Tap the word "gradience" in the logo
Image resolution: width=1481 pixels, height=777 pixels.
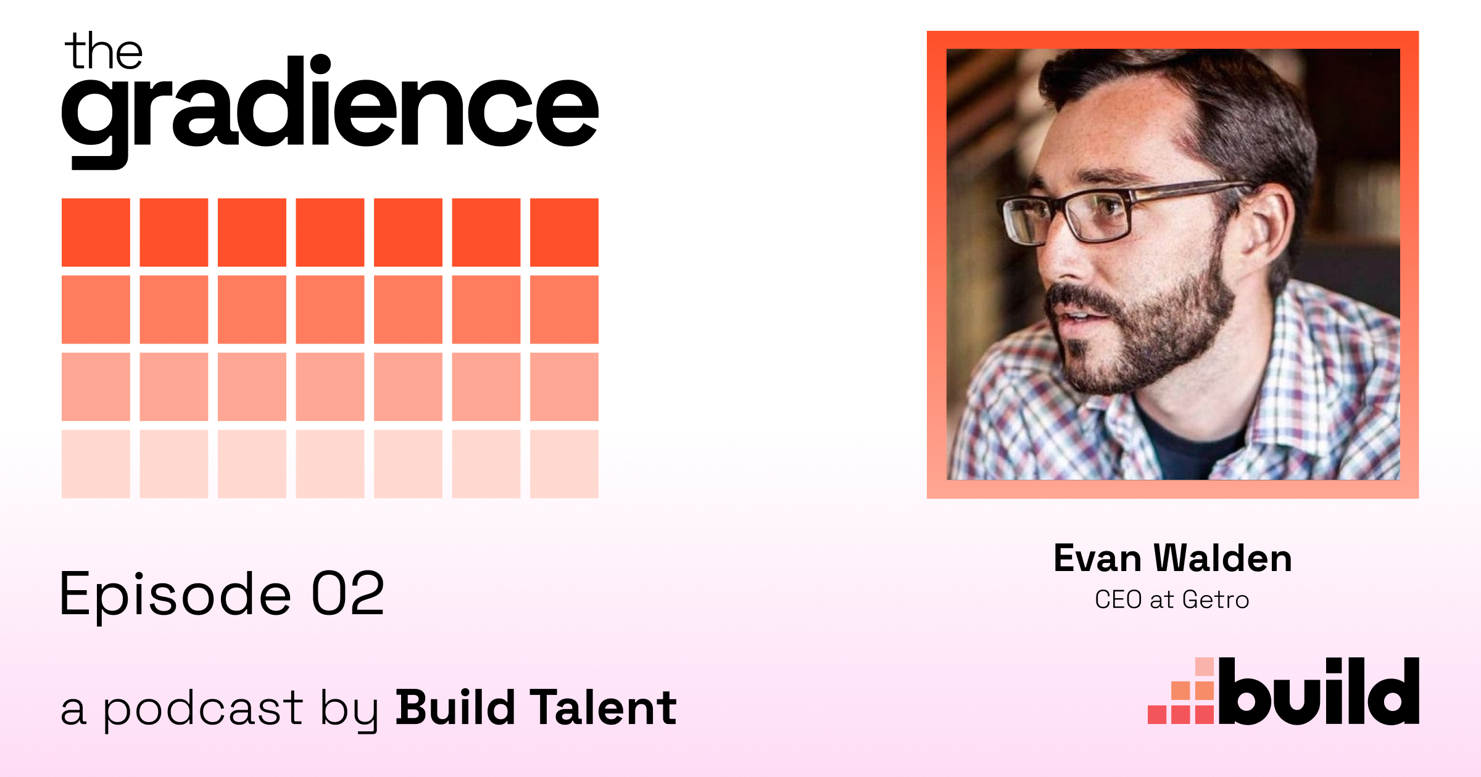(330, 111)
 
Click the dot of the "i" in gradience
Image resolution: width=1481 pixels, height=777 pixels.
(320, 65)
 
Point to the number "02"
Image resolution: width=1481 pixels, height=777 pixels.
(348, 593)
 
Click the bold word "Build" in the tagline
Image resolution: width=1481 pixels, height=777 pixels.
(455, 707)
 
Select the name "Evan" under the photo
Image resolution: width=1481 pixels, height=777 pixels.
(1097, 559)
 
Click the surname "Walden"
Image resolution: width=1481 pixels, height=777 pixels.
(1223, 559)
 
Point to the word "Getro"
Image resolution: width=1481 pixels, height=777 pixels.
(1216, 600)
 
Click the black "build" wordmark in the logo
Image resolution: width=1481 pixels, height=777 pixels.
(1319, 691)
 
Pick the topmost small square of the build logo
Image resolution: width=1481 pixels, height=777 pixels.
(1205, 667)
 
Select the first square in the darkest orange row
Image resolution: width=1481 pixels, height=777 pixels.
(96, 232)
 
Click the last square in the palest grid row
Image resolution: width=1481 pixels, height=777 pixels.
(564, 464)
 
